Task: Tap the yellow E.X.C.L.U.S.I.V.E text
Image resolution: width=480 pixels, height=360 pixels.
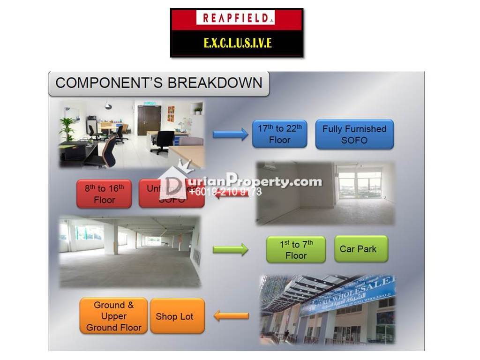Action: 237,43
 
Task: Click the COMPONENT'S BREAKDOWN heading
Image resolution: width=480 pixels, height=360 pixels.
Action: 158,83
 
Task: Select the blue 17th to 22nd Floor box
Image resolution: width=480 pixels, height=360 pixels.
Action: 279,134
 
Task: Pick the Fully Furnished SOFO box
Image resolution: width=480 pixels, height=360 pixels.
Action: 354,135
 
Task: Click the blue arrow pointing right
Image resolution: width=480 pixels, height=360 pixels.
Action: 230,135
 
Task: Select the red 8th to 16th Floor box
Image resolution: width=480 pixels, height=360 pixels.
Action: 104,194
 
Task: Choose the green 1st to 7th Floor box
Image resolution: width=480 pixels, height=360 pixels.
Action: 296,249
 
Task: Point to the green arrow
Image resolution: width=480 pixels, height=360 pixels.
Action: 230,249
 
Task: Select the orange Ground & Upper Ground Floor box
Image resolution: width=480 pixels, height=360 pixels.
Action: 113,316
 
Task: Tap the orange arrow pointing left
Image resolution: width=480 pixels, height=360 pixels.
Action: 231,316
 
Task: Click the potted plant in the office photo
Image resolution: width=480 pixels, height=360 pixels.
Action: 67,127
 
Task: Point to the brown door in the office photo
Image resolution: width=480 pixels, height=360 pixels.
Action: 149,120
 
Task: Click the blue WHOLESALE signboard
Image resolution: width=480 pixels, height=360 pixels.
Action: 349,294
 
